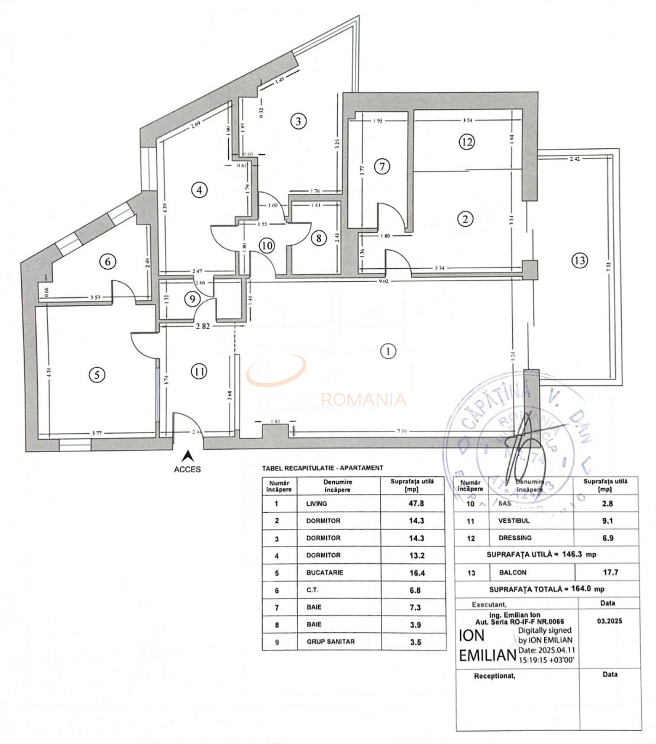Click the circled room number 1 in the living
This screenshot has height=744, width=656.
click(x=388, y=351)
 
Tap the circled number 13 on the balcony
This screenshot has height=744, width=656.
click(x=580, y=260)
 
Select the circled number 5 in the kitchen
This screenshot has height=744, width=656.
click(x=97, y=374)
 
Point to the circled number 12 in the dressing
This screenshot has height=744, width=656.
click(x=467, y=142)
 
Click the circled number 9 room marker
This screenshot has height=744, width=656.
click(x=192, y=299)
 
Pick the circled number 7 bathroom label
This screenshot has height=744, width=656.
click(x=382, y=166)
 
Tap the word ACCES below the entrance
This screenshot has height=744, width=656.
click(x=188, y=469)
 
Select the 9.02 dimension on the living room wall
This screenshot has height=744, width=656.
click(x=383, y=281)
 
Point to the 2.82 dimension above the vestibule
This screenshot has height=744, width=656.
click(x=202, y=326)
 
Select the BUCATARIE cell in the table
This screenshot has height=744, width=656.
click(x=324, y=573)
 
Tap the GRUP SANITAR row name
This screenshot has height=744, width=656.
click(x=330, y=641)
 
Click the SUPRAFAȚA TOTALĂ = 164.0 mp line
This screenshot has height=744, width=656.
click(x=546, y=589)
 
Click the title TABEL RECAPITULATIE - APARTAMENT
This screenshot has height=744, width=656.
click(x=322, y=468)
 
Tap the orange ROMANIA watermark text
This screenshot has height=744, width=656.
click(x=363, y=400)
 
